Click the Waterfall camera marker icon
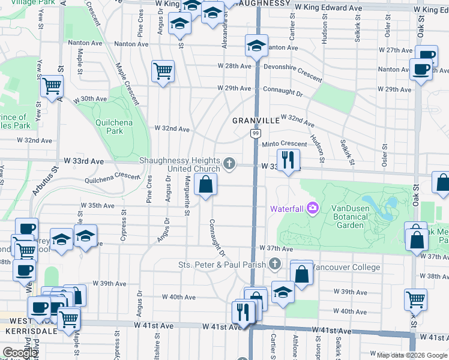point(313,208)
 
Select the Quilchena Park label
point(109,127)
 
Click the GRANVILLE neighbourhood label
point(256,121)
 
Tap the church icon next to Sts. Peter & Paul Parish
point(275,264)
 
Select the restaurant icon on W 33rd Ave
point(289,159)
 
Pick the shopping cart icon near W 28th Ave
point(163,71)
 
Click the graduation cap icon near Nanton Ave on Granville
point(256,45)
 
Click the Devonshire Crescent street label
point(292,73)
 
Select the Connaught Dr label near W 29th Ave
point(283,92)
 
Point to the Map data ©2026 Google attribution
point(411,355)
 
